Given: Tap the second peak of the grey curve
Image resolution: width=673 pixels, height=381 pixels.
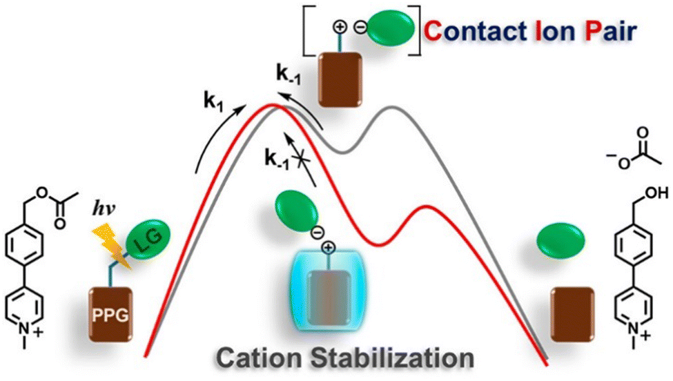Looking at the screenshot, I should pos(391,108).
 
